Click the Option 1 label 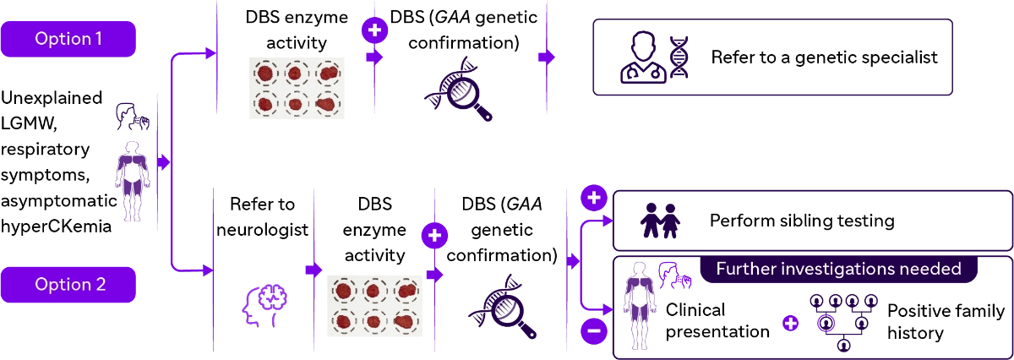pyautogui.click(x=68, y=39)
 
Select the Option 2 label pyautogui.click(x=68, y=284)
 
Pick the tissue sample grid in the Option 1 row pyautogui.click(x=294, y=88)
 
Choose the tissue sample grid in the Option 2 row pyautogui.click(x=375, y=304)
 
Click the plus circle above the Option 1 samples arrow pyautogui.click(x=374, y=30)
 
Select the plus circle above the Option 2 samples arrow pyautogui.click(x=434, y=235)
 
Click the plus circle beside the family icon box pyautogui.click(x=594, y=198)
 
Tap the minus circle pyautogui.click(x=594, y=332)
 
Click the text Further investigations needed pyautogui.click(x=838, y=270)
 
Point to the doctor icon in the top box pyautogui.click(x=642, y=57)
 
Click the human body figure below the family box pyautogui.click(x=639, y=305)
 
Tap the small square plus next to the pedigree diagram pyautogui.click(x=790, y=323)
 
